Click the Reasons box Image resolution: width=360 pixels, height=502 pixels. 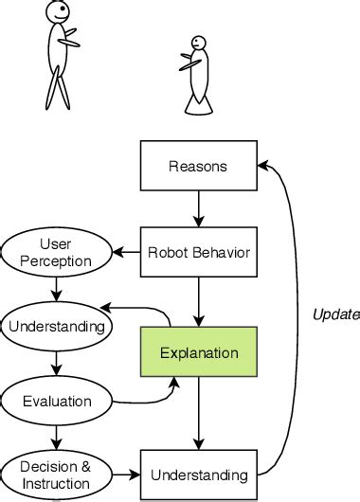click(198, 168)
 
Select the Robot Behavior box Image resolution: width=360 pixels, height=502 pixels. click(198, 252)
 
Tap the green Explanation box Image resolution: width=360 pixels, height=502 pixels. click(198, 352)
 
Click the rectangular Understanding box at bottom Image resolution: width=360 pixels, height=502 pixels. click(198, 474)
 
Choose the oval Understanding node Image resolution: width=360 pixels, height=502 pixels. click(57, 327)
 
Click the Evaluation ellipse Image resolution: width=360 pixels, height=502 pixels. click(57, 401)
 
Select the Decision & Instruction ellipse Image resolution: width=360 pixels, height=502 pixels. click(57, 474)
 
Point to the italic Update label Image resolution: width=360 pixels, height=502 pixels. click(335, 314)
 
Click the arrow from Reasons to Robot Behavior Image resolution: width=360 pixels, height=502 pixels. click(198, 208)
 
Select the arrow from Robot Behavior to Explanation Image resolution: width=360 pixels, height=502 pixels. click(198, 301)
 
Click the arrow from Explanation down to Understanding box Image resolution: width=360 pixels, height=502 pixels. click(198, 413)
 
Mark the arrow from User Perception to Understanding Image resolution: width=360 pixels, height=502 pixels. click(57, 289)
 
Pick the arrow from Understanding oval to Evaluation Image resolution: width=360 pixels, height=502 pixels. click(57, 364)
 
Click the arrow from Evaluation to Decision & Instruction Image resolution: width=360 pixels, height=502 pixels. click(57, 437)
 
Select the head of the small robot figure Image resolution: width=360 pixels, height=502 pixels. click(196, 44)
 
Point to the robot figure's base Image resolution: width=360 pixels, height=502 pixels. click(197, 107)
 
